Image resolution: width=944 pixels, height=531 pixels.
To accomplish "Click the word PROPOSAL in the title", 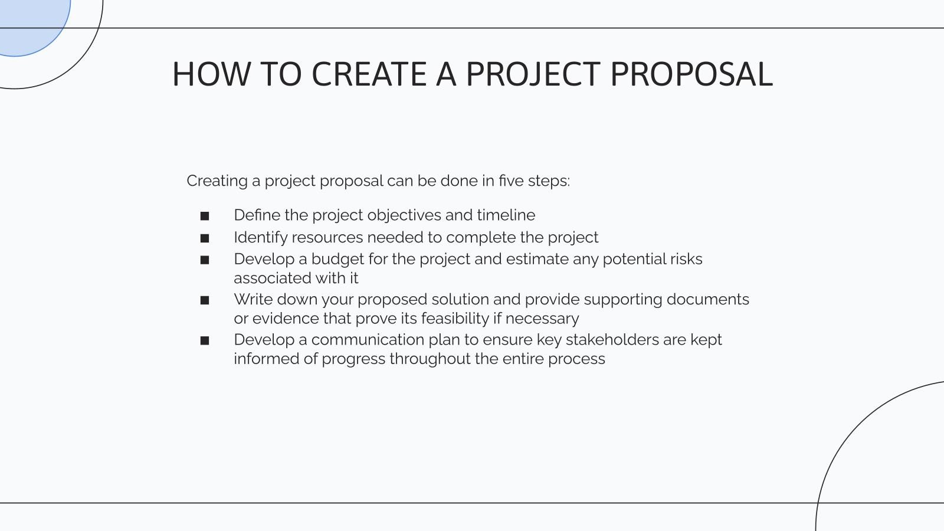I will (691, 74).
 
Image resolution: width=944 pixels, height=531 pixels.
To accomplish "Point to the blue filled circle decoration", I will (32, 24).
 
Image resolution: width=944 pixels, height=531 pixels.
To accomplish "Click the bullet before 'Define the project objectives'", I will (205, 216).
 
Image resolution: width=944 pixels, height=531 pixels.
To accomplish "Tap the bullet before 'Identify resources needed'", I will (205, 238).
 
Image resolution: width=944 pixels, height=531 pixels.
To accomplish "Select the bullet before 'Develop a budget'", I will (205, 260).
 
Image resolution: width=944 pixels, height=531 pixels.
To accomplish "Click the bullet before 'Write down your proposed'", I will (205, 300).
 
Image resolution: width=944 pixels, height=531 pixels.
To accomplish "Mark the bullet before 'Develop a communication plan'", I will (205, 340).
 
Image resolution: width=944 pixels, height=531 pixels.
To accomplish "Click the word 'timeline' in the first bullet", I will (506, 215).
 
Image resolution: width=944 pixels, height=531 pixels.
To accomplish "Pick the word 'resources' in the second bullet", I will (327, 238).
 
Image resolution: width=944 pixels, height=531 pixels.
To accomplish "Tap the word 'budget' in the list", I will (337, 260).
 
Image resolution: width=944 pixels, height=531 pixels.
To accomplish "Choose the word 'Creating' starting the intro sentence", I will (217, 181).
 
